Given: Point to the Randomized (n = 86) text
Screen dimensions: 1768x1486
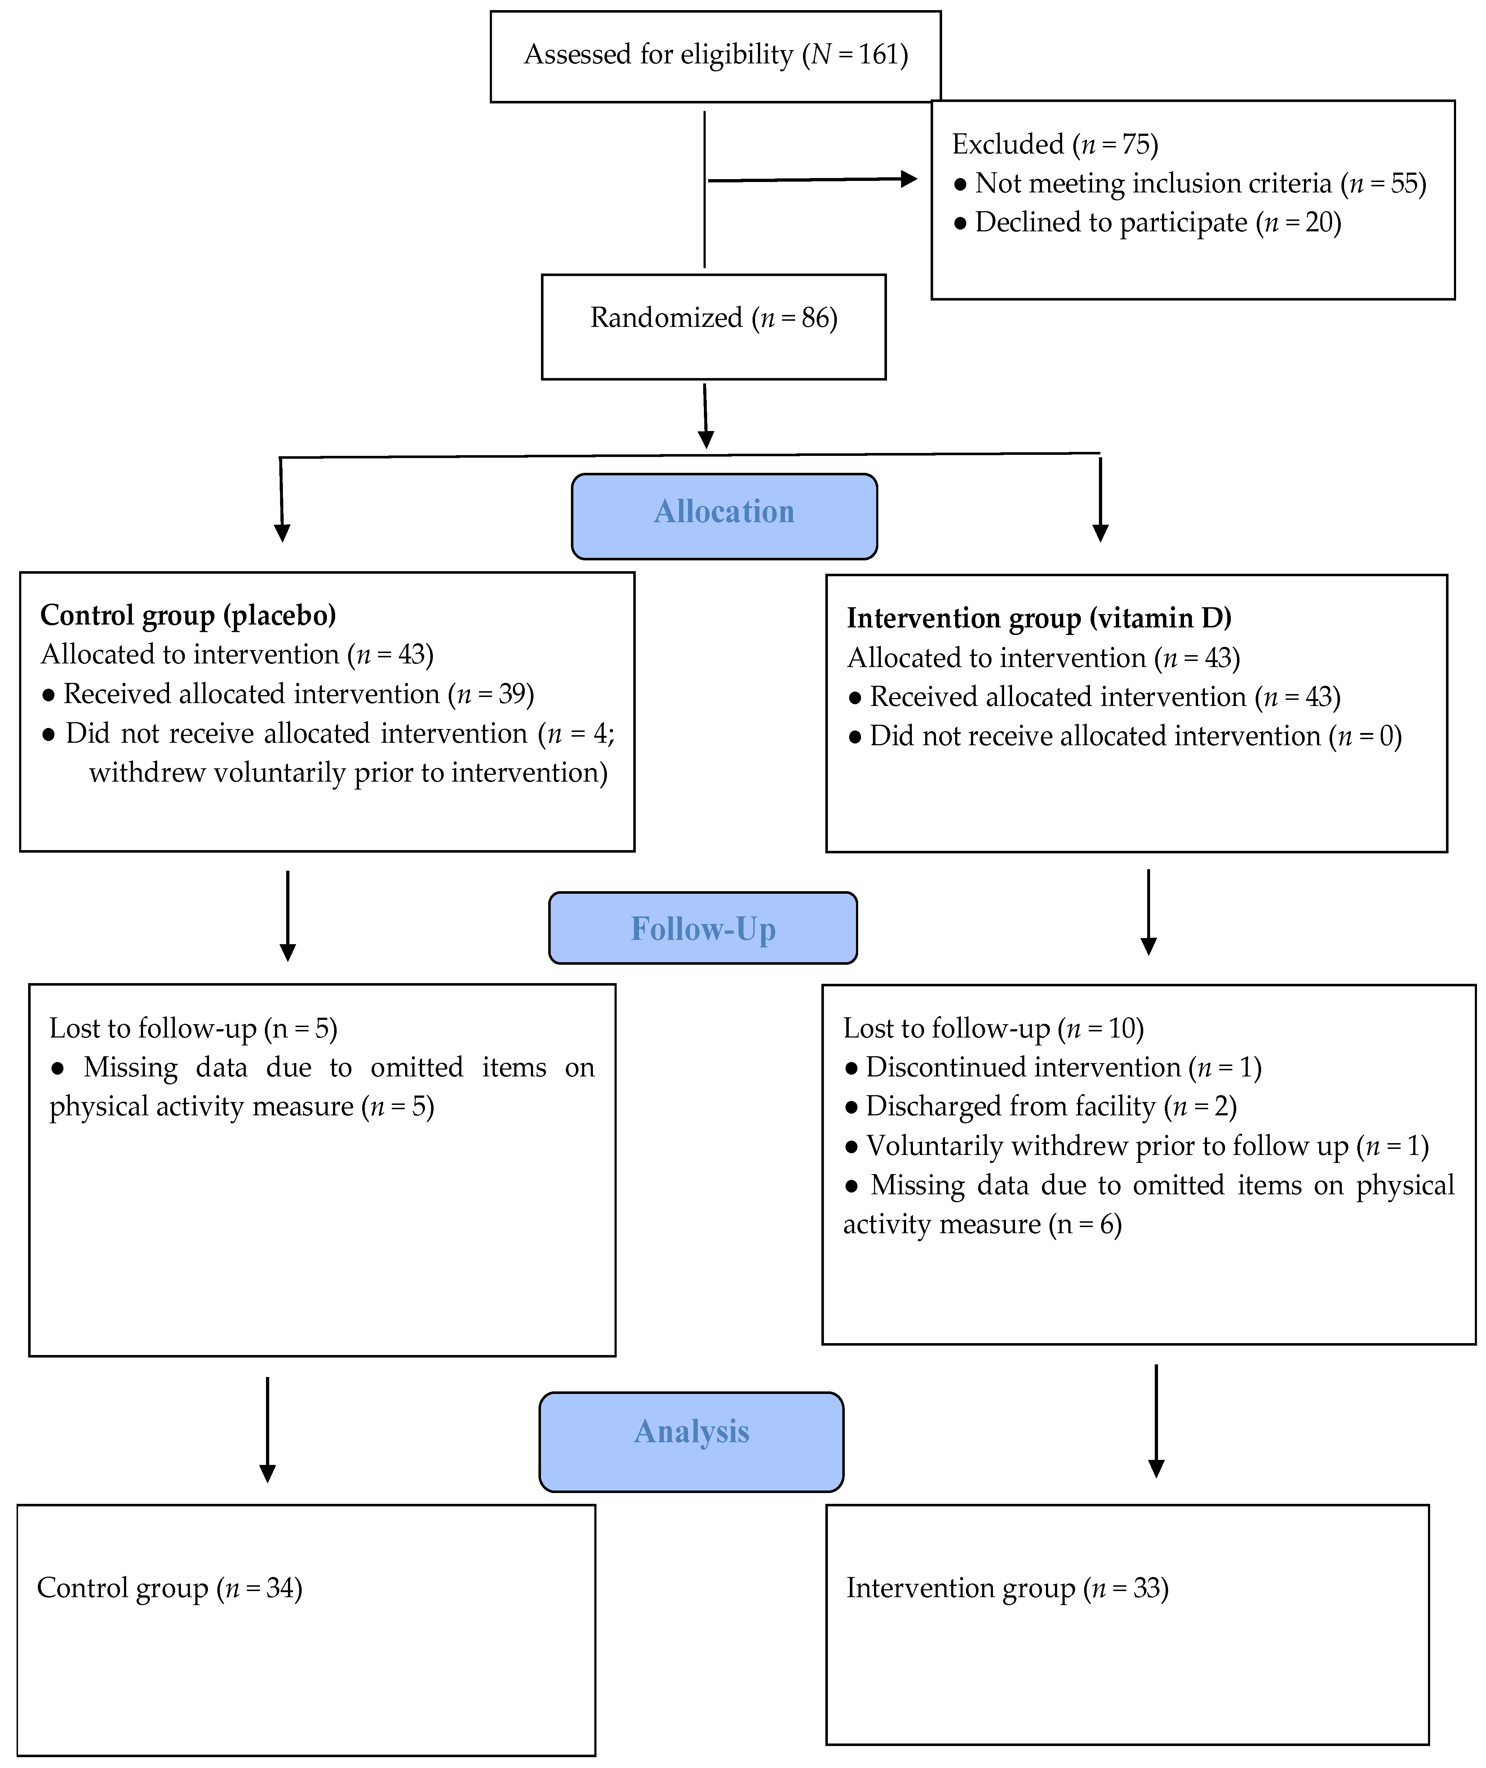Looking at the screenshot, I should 714,319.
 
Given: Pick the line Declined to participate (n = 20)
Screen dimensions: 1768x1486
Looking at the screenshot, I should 1147,222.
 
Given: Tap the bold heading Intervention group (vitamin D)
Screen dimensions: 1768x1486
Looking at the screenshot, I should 1039,618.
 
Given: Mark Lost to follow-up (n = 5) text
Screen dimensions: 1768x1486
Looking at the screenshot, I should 193,1029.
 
